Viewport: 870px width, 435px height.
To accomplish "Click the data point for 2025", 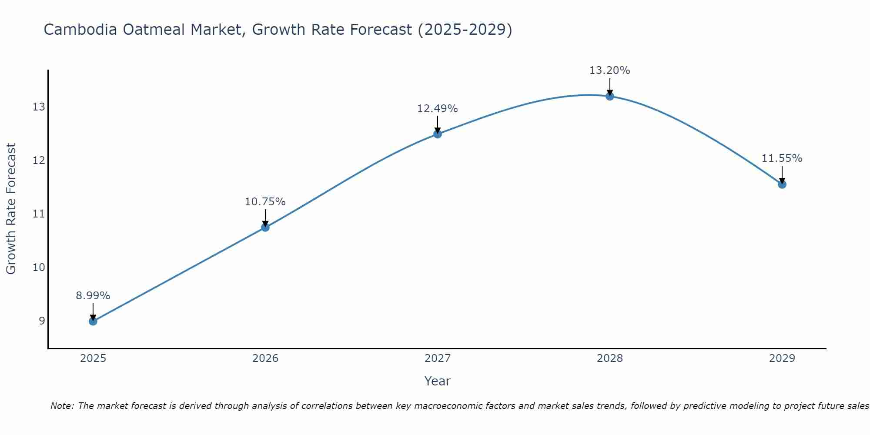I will click(93, 321).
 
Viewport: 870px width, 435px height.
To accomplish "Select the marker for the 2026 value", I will click(265, 227).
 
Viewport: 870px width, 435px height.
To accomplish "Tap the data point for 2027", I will click(437, 134).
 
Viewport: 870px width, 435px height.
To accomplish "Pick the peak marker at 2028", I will click(609, 96).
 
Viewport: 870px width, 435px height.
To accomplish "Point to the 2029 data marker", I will click(782, 184).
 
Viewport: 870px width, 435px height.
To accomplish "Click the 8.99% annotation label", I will click(93, 296).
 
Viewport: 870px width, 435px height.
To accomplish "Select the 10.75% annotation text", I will click(265, 202).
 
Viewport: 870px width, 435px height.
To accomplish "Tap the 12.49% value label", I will click(437, 109).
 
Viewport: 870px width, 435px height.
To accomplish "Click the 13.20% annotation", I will click(609, 70).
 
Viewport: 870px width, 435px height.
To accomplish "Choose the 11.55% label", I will click(782, 158).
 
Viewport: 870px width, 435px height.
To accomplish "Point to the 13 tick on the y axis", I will click(39, 107).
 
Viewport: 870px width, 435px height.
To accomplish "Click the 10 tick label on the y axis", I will click(39, 267).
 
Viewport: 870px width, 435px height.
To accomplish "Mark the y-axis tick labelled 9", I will click(42, 321).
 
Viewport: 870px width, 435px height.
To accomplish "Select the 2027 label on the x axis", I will click(437, 358).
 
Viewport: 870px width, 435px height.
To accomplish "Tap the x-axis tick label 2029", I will click(782, 358).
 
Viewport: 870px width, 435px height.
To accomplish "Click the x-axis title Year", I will click(437, 381).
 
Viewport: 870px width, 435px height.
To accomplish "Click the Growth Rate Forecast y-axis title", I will click(11, 208).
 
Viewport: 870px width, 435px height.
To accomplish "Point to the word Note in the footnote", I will click(62, 406).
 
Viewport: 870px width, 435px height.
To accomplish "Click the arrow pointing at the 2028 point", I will click(609, 86).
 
